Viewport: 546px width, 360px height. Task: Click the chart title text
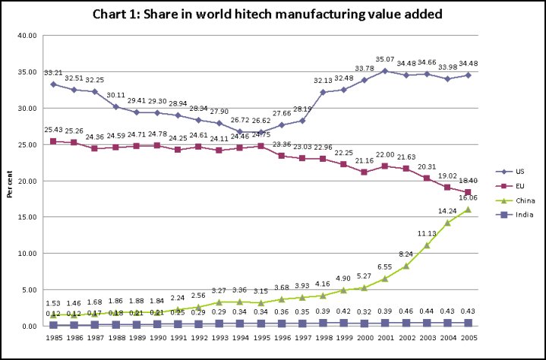[273, 14]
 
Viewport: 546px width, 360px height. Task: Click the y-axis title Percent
[9, 181]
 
